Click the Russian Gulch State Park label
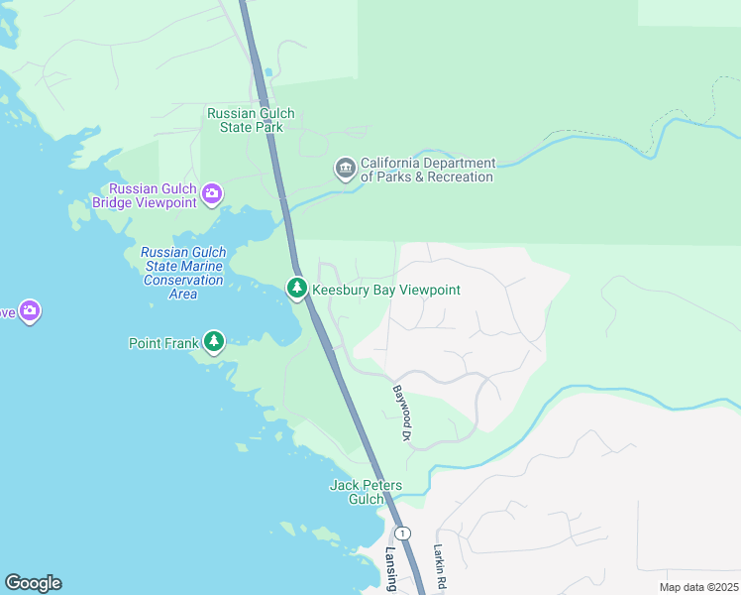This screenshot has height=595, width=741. coord(245,120)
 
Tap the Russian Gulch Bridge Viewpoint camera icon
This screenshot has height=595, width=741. coord(211,195)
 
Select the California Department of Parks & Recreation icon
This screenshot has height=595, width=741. coord(345,170)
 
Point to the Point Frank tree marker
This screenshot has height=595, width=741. coord(214,343)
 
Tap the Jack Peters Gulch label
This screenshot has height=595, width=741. coord(366,492)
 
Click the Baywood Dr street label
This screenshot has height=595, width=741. coord(401,414)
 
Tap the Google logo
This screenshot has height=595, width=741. coord(33,583)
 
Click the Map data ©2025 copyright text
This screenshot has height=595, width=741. coord(697,587)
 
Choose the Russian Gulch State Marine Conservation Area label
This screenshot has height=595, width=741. coord(182,273)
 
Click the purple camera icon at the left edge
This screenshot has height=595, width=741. coord(30,312)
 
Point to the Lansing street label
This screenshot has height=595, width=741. coord(390,569)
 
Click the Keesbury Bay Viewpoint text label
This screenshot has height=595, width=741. coord(386,290)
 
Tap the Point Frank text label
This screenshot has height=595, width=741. coord(164,343)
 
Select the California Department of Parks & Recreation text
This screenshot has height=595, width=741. coord(427,170)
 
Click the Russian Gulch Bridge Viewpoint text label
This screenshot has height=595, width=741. coord(154,195)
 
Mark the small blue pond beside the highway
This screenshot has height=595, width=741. coord(267,72)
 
